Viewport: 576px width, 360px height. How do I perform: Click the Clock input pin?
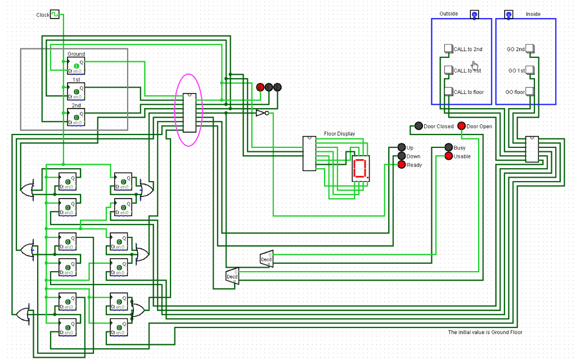pos(55,14)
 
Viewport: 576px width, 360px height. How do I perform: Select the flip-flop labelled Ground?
pos(76,66)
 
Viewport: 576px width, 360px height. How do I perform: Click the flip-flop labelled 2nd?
pos(76,116)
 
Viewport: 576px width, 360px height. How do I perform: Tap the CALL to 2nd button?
pos(448,49)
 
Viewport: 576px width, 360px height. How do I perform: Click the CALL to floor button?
pos(448,92)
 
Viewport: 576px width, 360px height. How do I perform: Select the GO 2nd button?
pos(530,49)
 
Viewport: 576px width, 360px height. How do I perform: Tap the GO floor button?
pos(530,92)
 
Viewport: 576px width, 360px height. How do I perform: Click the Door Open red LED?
pos(462,126)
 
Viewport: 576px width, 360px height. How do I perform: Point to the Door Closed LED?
pos(419,126)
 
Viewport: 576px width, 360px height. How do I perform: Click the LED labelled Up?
pos(401,147)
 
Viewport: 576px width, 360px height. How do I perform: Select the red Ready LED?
pos(401,164)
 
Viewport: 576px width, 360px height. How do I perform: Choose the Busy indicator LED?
pos(448,147)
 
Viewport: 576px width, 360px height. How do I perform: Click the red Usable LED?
pos(448,156)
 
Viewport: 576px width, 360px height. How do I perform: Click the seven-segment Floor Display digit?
pos(361,168)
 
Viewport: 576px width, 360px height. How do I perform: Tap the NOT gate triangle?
pos(260,113)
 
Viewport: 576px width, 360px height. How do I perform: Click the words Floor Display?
pos(339,134)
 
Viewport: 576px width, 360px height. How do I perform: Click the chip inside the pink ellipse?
pos(189,112)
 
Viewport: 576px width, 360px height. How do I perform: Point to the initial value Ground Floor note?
pos(485,332)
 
